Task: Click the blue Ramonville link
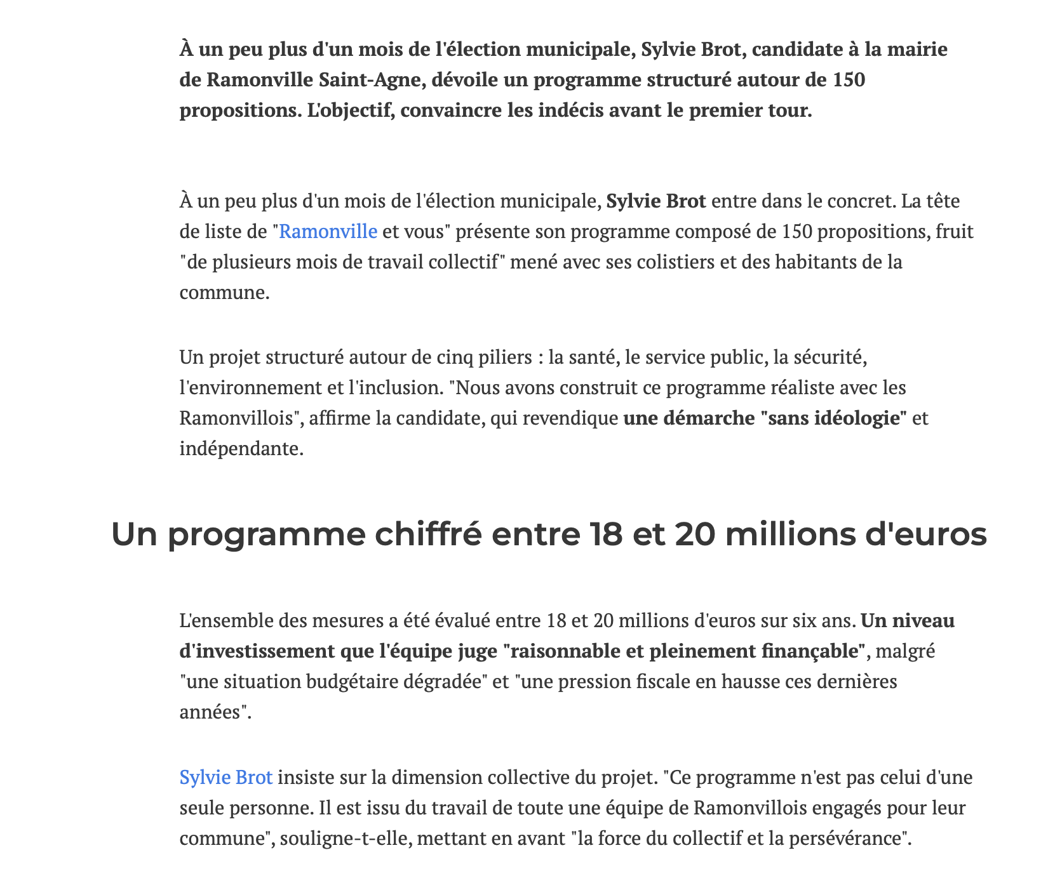328,232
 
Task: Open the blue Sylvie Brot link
226,778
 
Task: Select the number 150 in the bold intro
849,81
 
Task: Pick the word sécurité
828,357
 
